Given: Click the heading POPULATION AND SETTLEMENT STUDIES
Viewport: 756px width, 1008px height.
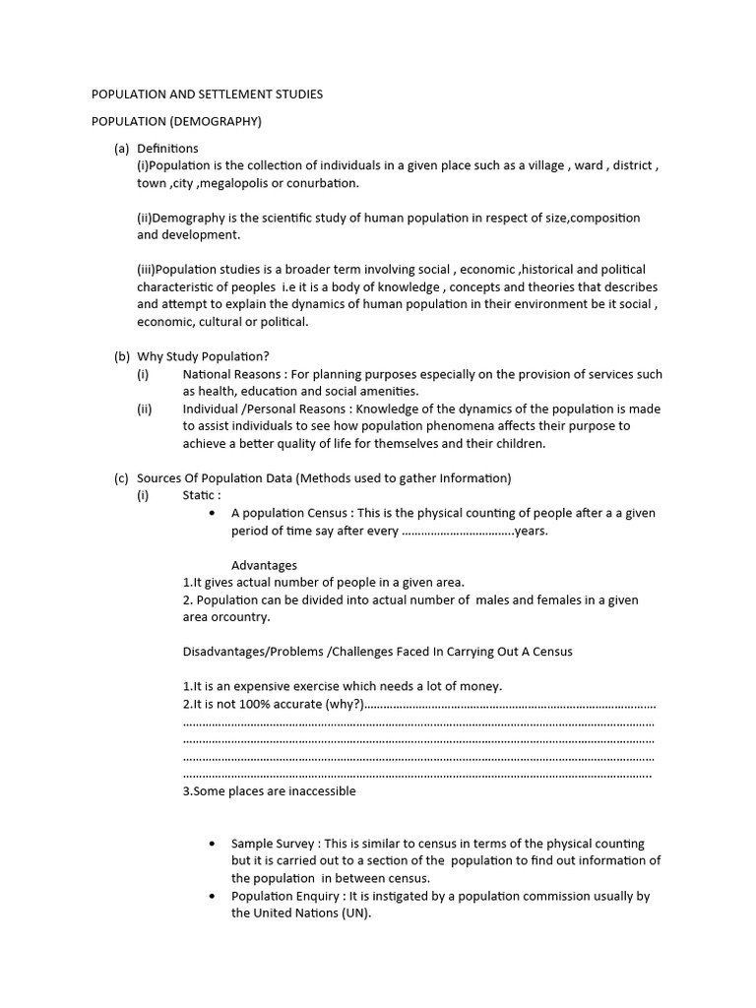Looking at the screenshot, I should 207,94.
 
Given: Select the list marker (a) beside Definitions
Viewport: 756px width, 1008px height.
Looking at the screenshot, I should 121,148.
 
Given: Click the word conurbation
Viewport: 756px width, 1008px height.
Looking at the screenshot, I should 323,183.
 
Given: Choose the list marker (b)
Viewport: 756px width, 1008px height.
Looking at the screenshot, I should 121,356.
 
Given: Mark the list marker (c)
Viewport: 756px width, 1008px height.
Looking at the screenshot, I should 121,478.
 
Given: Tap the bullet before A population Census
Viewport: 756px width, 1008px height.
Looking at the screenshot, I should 214,514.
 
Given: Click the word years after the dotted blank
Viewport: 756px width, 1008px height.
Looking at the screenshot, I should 531,531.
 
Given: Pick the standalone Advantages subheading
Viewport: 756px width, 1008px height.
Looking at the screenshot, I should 264,565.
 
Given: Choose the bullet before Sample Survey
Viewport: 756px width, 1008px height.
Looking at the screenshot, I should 214,845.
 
